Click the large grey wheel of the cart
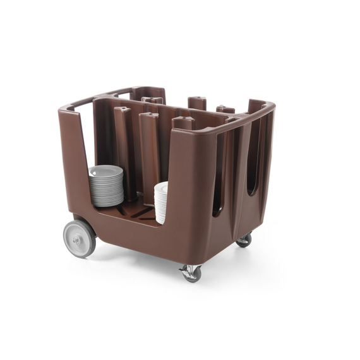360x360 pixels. click(80, 237)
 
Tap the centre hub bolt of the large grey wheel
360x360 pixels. click(77, 239)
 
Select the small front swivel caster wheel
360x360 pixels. click(191, 273)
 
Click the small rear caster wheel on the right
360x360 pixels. click(244, 239)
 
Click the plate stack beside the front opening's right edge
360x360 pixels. click(161, 203)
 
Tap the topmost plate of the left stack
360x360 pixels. click(105, 169)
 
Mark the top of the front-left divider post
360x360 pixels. click(123, 109)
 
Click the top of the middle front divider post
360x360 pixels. click(150, 116)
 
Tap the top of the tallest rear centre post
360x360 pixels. click(198, 99)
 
